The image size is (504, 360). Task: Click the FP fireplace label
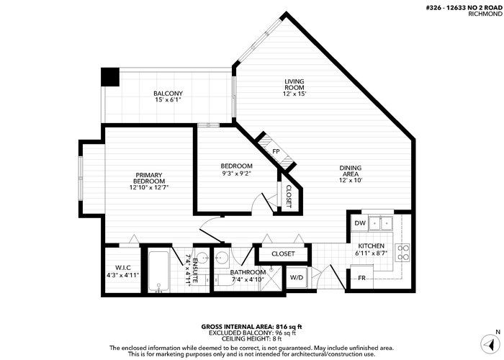[x=276, y=151]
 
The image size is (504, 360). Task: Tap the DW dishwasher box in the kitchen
[x=360, y=223]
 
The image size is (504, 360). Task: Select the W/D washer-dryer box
[x=297, y=277]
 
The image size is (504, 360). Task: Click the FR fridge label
[x=361, y=278]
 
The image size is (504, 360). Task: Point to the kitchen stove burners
[x=402, y=252]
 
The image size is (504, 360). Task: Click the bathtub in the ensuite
[x=158, y=272]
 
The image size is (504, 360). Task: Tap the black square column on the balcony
[x=110, y=77]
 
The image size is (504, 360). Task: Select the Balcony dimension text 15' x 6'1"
[x=168, y=100]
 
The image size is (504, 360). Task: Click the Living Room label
[x=294, y=84]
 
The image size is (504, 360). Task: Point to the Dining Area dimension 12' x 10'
[x=351, y=180]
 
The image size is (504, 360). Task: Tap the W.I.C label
[x=123, y=268]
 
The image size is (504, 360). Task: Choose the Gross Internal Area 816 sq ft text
[x=251, y=327]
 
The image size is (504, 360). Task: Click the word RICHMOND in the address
[x=485, y=14]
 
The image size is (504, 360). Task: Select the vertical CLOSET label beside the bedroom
[x=288, y=197]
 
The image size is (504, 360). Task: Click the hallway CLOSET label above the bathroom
[x=283, y=254]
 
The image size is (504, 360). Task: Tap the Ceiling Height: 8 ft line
[x=251, y=339]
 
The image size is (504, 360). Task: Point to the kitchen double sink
[x=381, y=223]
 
